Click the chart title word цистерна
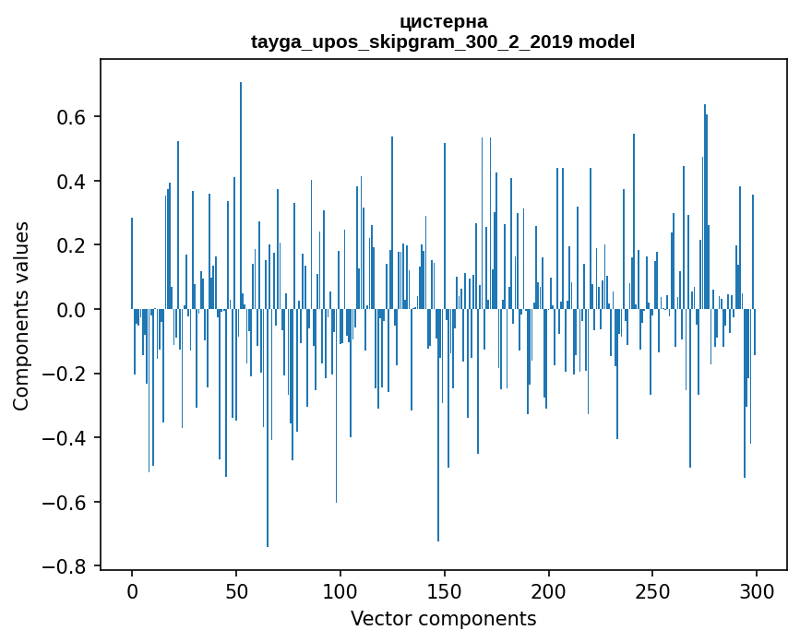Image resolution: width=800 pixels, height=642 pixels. click(x=443, y=21)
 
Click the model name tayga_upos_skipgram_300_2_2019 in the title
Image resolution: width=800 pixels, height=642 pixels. click(x=412, y=42)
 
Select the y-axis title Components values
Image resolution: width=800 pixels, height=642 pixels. click(x=21, y=315)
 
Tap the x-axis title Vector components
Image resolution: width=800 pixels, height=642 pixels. click(x=443, y=618)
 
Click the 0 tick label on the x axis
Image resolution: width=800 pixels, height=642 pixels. click(x=132, y=590)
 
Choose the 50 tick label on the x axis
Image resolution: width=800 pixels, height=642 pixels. click(x=236, y=590)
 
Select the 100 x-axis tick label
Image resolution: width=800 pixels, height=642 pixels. click(x=340, y=590)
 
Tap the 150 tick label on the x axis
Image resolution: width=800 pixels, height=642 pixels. click(x=445, y=590)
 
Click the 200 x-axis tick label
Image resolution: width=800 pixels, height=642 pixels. click(x=549, y=590)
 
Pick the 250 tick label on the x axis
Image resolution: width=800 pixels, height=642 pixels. click(x=653, y=590)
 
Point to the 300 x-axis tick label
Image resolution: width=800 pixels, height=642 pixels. click(x=757, y=590)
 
